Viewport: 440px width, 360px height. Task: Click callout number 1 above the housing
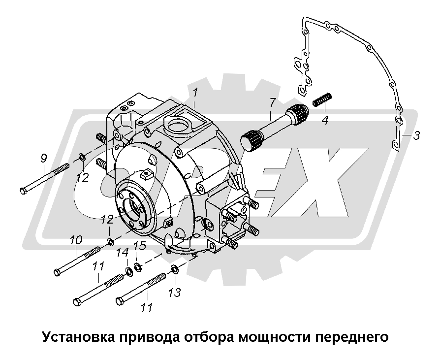[195, 93]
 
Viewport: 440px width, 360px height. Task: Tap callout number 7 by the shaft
[272, 103]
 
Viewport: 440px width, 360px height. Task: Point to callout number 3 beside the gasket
[416, 136]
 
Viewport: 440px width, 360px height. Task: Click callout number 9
[44, 159]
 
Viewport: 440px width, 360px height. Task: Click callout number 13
[175, 293]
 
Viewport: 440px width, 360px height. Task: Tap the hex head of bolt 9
[25, 190]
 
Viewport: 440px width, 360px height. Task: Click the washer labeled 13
[175, 269]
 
